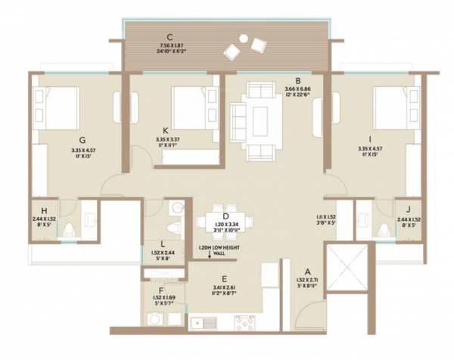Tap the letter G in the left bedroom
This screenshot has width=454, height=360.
coord(81,139)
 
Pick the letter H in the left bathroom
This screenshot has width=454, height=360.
coord(45,211)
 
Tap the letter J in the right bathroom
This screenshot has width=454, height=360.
coord(409,211)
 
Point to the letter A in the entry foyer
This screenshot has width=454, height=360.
coord(308,270)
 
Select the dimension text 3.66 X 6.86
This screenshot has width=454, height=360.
coord(300,89)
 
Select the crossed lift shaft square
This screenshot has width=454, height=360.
coord(345,272)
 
